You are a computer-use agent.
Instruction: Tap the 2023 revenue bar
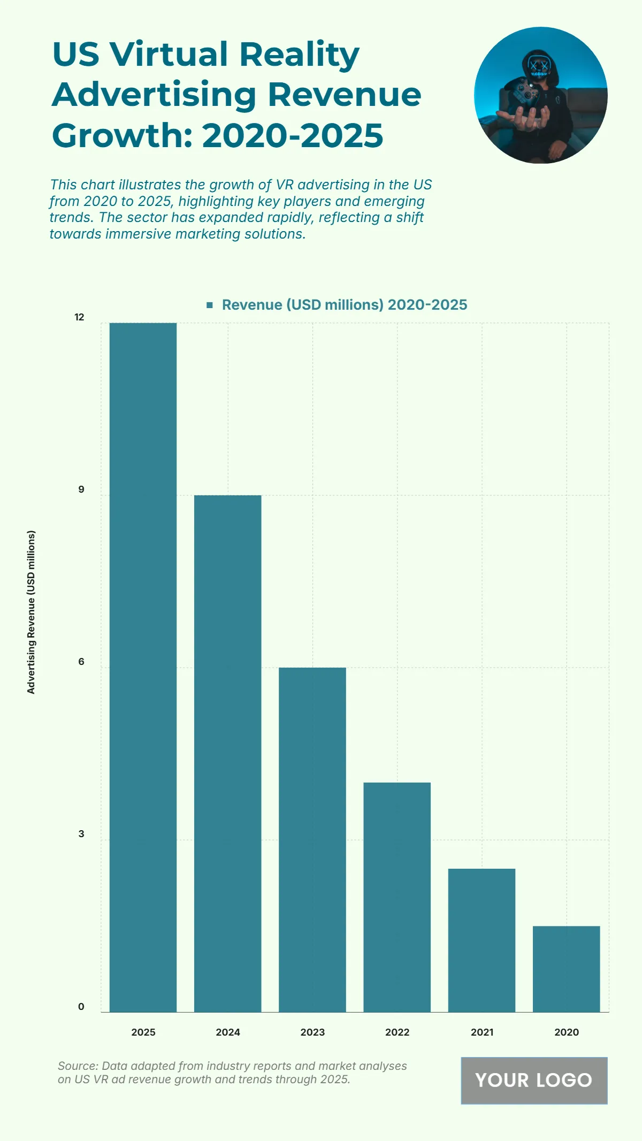tap(312, 839)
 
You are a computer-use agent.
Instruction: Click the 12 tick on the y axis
tap(79, 317)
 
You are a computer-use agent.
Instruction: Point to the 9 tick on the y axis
tap(81, 489)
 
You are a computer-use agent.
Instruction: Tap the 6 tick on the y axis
tap(81, 662)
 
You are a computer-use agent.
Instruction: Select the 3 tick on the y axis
tap(81, 834)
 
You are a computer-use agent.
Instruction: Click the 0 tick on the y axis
tap(81, 1007)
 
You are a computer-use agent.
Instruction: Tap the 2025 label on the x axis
tap(143, 1032)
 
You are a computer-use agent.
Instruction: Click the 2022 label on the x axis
tap(397, 1032)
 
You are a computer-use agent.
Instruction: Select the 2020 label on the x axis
tap(566, 1032)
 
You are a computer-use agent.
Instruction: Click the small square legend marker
tap(210, 305)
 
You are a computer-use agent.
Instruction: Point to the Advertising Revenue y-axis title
tap(31, 612)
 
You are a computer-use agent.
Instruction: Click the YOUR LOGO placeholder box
tap(534, 1081)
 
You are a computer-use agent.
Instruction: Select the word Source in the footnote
tap(77, 1066)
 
